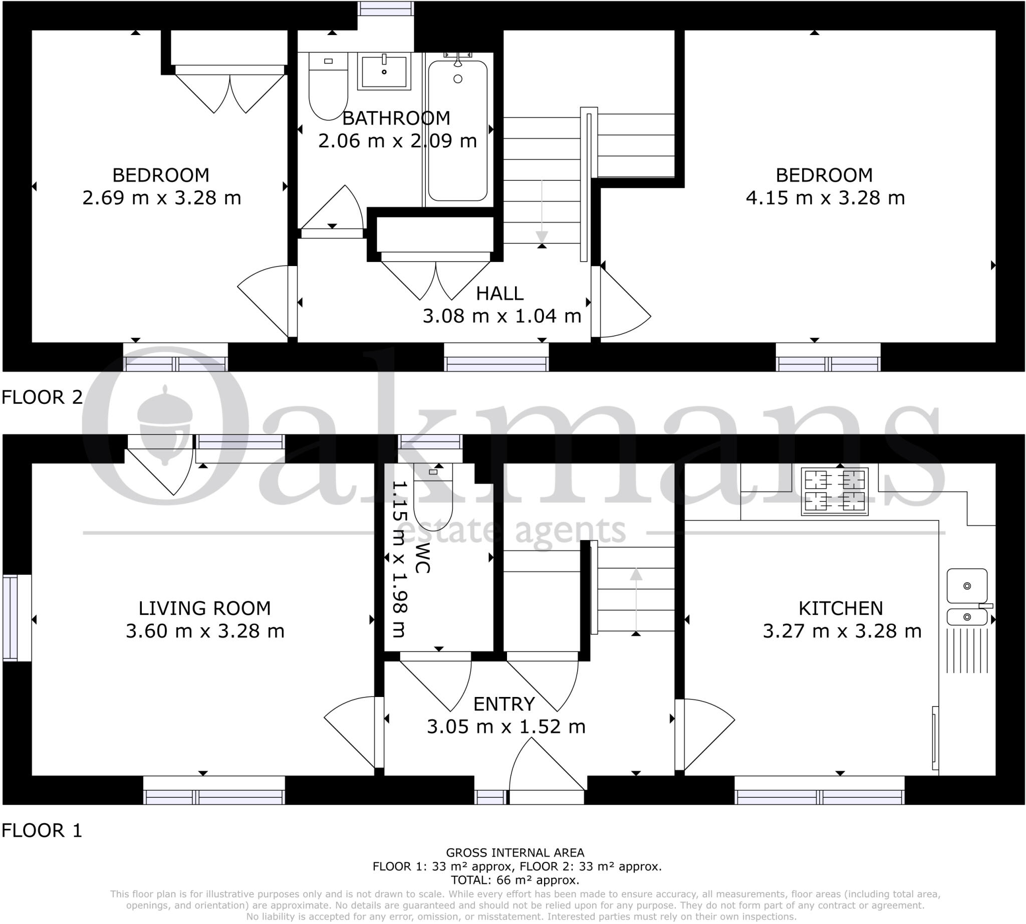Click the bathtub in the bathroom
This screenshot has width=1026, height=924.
pyautogui.click(x=457, y=131)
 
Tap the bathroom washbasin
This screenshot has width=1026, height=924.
pyautogui.click(x=384, y=72)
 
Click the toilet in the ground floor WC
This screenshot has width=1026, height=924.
pyautogui.click(x=432, y=497)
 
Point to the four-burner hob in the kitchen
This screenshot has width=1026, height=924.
pyautogui.click(x=835, y=492)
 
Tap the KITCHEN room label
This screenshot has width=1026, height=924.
pyautogui.click(x=841, y=608)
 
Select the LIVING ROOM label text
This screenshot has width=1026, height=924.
pyautogui.click(x=204, y=608)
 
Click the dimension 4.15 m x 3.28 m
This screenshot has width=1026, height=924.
pyautogui.click(x=825, y=197)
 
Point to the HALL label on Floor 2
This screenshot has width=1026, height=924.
pyautogui.click(x=499, y=294)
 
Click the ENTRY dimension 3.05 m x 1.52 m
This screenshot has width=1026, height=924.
pyautogui.click(x=505, y=727)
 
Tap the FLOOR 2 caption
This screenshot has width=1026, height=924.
pyautogui.click(x=42, y=397)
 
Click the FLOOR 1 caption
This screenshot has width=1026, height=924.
pyautogui.click(x=42, y=831)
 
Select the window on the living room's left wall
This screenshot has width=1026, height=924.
pyautogui.click(x=17, y=617)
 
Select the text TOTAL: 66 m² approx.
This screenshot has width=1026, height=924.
pyautogui.click(x=515, y=880)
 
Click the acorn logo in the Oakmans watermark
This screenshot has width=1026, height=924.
pyautogui.click(x=164, y=424)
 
